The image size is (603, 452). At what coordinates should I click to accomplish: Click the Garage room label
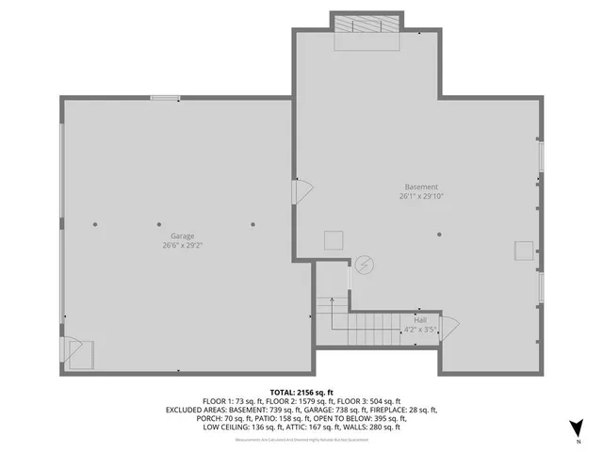click(x=182, y=236)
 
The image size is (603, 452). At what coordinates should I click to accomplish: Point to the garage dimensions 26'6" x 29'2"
click(x=182, y=245)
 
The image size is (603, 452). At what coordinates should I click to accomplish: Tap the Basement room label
click(x=420, y=187)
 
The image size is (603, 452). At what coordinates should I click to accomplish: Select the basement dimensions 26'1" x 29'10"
click(x=420, y=197)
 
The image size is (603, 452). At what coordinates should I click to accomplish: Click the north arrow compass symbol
click(x=578, y=428)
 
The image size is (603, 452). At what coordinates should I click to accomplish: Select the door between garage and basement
click(x=302, y=192)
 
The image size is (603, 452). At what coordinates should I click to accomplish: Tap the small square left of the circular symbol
click(x=334, y=239)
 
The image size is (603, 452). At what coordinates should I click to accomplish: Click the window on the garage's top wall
click(x=165, y=97)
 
